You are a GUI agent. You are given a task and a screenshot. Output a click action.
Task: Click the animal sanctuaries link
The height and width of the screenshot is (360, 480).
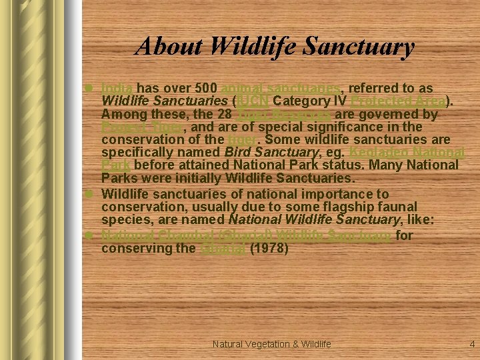(x=281, y=88)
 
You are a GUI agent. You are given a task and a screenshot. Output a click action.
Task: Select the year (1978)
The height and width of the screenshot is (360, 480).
(x=269, y=248)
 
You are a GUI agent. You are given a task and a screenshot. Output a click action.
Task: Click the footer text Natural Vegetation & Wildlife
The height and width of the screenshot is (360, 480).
(x=272, y=344)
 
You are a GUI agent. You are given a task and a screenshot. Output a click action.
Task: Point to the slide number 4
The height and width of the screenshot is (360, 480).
(x=472, y=344)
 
